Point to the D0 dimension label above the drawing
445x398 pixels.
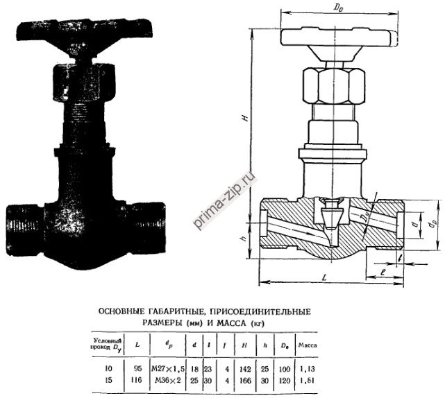tap(338, 8)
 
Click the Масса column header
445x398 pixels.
tap(308, 344)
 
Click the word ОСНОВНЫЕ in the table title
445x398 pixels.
tap(121, 311)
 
